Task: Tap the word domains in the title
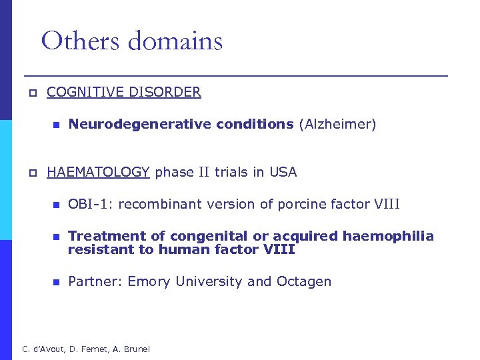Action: point(175,41)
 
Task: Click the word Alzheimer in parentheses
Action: point(337,124)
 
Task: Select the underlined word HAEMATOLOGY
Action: point(98,172)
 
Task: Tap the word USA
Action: point(283,172)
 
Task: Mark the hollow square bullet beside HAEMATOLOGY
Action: point(31,173)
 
